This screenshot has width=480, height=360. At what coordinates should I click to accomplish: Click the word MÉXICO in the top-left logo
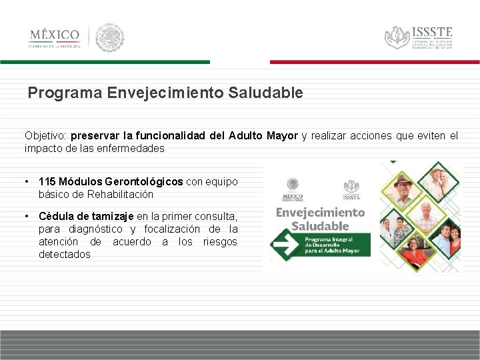[54, 35]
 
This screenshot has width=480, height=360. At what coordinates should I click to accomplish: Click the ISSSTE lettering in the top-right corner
[432, 31]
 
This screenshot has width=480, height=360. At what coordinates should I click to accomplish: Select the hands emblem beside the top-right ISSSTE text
[397, 37]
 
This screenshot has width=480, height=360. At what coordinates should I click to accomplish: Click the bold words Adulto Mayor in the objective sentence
[263, 135]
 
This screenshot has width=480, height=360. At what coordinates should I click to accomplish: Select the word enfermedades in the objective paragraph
[133, 148]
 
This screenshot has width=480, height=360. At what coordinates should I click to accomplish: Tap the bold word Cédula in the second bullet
[56, 216]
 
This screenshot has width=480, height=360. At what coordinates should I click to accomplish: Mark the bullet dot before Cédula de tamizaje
[25, 216]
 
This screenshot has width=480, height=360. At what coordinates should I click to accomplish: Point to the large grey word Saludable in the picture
[320, 225]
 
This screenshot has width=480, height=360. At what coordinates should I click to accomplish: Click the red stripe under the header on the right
[374, 61]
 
